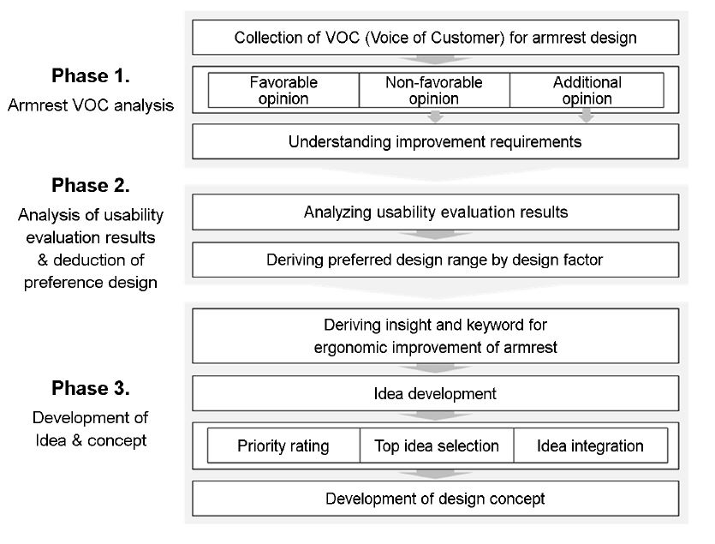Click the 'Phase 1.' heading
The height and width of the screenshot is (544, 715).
[90, 75]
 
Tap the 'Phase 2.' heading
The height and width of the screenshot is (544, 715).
[90, 185]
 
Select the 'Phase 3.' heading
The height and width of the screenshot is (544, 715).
[90, 388]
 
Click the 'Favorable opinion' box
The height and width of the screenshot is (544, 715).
[283, 90]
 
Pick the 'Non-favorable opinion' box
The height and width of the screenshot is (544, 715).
[434, 90]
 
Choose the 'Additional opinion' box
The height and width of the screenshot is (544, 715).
[587, 90]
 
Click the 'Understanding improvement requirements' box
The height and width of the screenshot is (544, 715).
[436, 141]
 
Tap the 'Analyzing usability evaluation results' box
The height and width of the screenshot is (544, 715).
[436, 212]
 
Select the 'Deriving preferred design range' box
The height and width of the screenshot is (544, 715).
[436, 260]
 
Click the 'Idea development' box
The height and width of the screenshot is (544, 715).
[436, 393]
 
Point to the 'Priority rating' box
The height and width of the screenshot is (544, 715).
[283, 445]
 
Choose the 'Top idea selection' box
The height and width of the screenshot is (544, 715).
[437, 445]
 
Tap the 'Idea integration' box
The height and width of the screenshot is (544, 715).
[591, 445]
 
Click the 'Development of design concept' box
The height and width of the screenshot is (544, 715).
[436, 499]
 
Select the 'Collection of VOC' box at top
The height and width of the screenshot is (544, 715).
[436, 38]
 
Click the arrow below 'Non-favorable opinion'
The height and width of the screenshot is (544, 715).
[436, 116]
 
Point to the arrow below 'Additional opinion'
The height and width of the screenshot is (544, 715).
[587, 116]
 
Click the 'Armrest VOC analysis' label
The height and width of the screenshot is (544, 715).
[90, 105]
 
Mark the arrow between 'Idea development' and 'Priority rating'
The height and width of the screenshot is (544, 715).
[436, 416]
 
